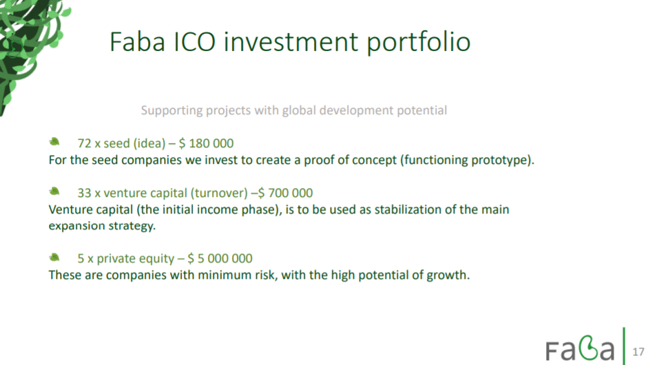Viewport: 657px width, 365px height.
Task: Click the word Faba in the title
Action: click(x=137, y=42)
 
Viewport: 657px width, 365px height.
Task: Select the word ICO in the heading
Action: click(x=194, y=42)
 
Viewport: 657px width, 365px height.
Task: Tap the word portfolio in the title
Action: click(x=419, y=43)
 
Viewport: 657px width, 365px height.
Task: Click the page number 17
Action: click(x=638, y=352)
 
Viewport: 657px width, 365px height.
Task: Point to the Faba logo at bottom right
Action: click(x=580, y=348)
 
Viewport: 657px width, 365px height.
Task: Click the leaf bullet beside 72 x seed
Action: click(x=54, y=142)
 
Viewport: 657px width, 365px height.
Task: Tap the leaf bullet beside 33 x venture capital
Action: click(x=54, y=191)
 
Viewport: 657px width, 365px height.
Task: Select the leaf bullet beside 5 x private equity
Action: click(x=54, y=257)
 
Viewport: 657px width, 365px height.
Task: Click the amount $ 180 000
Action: click(x=206, y=143)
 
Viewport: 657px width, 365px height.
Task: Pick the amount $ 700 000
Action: click(x=286, y=193)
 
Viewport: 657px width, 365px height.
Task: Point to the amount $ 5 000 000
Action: click(x=220, y=258)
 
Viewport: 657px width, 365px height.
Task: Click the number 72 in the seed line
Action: click(x=84, y=143)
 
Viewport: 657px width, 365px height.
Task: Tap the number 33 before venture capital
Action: click(x=84, y=193)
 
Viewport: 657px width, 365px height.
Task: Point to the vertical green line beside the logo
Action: click(x=624, y=346)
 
